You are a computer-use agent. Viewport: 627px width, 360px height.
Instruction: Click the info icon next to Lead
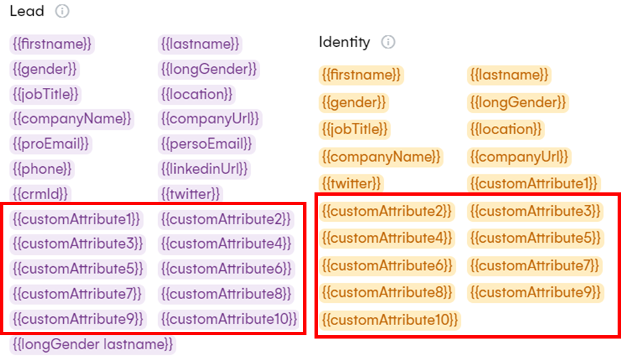pos(62,11)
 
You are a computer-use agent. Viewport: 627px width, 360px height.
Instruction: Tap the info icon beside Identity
pos(388,42)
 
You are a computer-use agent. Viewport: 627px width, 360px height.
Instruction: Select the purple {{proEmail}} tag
pos(51,144)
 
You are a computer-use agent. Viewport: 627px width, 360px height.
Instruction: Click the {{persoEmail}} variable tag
pos(207,144)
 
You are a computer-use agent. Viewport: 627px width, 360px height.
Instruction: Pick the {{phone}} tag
pos(42,169)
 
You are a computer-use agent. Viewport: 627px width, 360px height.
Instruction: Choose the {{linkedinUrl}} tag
pos(205,169)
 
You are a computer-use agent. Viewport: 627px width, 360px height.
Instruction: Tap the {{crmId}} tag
pos(40,194)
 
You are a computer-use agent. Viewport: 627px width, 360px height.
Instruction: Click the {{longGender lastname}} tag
pos(93,345)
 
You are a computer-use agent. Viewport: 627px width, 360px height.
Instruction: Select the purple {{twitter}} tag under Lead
pos(190,194)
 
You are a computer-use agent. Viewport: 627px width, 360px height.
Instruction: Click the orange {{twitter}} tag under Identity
pos(351,184)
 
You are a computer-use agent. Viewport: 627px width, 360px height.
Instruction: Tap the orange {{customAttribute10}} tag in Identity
pos(390,320)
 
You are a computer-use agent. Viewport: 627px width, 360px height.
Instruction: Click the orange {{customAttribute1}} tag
pos(534,184)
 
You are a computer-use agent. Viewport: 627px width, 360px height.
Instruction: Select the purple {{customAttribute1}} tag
pos(76,219)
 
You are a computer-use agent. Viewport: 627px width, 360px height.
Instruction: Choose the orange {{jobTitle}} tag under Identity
pos(355,129)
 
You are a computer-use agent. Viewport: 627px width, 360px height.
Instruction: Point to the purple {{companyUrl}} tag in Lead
pos(210,119)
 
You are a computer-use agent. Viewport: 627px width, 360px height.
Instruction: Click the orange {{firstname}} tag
pos(361,75)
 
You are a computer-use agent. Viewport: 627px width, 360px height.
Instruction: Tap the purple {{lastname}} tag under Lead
pos(200,44)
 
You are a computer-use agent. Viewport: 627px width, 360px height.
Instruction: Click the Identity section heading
pos(344,42)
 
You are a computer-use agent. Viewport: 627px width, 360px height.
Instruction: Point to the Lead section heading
pos(27,11)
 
